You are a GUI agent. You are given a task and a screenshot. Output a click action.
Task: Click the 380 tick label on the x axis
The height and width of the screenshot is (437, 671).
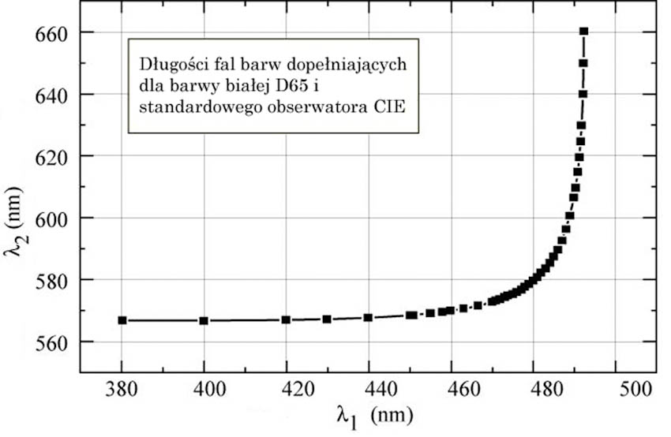coord(121,388)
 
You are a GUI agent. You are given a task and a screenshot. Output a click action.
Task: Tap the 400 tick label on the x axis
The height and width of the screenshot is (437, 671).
coord(204,388)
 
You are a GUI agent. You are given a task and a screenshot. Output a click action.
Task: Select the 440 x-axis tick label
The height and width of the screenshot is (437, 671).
coord(369,388)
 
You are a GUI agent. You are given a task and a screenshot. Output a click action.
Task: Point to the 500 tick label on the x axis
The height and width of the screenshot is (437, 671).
coord(616,388)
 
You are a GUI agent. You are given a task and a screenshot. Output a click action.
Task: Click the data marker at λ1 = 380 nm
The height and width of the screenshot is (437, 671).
coord(122,320)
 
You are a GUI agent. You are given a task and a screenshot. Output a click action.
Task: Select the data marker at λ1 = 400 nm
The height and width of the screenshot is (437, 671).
coord(204,320)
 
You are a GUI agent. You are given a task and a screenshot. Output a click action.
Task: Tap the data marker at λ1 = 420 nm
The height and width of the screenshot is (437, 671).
coord(286,319)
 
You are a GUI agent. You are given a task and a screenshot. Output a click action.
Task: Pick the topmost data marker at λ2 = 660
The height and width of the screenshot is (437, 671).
coord(584,32)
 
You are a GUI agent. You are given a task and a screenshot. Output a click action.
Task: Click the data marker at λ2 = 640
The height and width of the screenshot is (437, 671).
coord(583,94)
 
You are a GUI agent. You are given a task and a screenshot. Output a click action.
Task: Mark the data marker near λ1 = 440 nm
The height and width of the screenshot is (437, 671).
coord(368,317)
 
